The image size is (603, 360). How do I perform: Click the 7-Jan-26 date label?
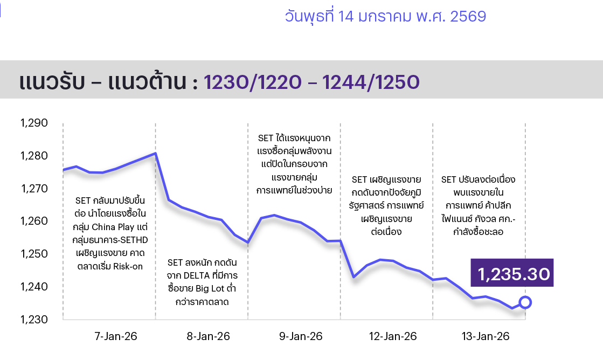[116, 336]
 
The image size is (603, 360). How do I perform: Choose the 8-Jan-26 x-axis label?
[208, 336]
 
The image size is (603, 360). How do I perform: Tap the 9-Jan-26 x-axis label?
[301, 336]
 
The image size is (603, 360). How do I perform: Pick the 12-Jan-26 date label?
[393, 336]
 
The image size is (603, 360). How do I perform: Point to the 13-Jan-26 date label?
[486, 336]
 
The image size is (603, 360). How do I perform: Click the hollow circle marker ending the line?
[525, 302]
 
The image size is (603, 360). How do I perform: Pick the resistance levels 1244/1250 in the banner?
[371, 82]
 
